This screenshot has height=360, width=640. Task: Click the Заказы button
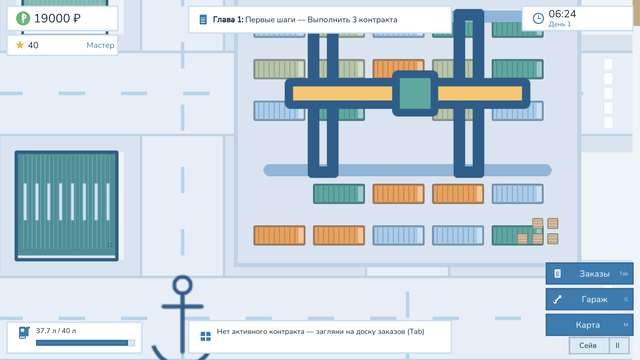(589, 273)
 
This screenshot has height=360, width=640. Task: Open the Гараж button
(589, 299)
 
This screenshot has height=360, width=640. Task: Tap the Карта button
(589, 325)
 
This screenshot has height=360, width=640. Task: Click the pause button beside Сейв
(618, 345)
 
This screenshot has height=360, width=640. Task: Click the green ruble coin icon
(23, 18)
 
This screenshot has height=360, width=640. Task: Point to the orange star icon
(20, 45)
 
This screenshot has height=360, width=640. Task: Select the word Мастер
(100, 45)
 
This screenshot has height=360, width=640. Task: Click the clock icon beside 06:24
(538, 18)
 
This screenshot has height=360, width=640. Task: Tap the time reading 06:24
(562, 14)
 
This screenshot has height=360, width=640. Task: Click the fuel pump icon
(24, 332)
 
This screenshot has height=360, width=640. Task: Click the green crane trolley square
(415, 93)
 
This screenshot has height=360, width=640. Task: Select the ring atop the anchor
(182, 285)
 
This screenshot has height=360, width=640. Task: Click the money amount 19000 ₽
(57, 18)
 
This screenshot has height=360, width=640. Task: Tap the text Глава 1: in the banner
(228, 20)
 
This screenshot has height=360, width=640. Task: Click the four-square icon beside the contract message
(206, 336)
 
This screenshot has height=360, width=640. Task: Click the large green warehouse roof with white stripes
(67, 206)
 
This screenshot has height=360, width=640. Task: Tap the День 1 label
(560, 24)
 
